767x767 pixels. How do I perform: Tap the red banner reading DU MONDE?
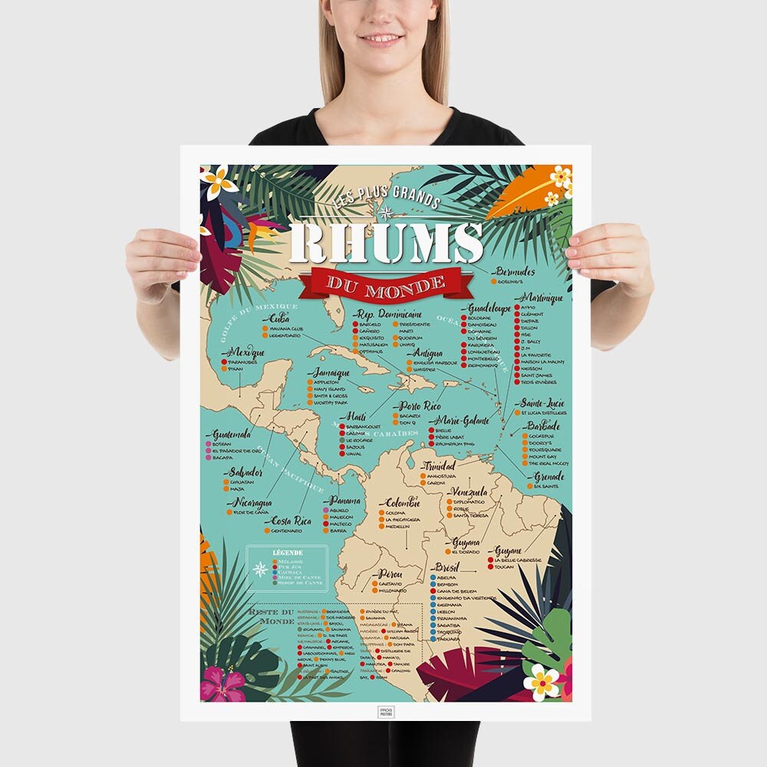pos(386,283)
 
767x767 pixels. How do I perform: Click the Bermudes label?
pos(515,272)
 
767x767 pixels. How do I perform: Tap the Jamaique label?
pos(331,373)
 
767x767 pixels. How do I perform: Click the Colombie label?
pos(402,502)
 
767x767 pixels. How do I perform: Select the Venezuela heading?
pos(468,492)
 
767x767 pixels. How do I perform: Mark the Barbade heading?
pos(543,426)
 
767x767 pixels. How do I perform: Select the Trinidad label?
pos(438,466)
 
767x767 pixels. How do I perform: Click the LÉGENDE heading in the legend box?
pos(288,552)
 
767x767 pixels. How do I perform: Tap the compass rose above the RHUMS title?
pos(385,212)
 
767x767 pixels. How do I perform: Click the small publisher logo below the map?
pos(386,711)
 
